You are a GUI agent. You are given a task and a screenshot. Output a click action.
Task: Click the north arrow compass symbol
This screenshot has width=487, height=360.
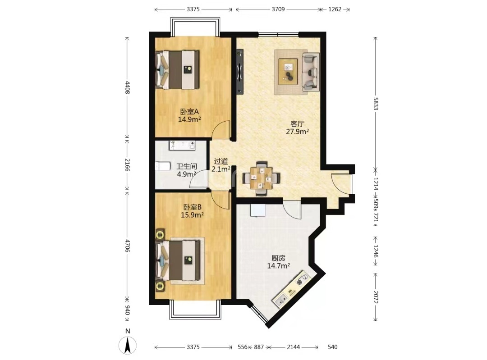pos(128,345)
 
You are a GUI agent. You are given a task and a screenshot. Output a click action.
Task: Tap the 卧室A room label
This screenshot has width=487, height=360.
pos(189,111)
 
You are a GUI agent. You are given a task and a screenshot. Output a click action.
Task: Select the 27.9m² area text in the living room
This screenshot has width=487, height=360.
pos(297,132)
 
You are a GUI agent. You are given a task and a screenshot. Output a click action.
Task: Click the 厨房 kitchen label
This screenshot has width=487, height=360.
pos(278,258)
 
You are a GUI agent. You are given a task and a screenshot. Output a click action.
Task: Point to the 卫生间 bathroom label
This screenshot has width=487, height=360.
pos(187,167)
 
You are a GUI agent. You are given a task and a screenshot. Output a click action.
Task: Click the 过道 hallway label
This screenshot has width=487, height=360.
pos(221,161)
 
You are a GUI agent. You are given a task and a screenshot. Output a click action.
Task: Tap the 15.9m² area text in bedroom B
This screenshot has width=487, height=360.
pos(192,215)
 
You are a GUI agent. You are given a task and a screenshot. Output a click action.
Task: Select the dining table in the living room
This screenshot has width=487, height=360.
pos(261,178)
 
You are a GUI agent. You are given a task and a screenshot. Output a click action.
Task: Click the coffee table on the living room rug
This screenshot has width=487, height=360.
pos(288,71)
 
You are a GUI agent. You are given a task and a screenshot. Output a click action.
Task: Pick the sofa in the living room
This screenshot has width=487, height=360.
pos(311,72)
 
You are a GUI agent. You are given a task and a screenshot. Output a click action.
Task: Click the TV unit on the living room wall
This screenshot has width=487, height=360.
pos(240,71)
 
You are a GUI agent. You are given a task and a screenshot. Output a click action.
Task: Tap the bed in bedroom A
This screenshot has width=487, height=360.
pos(177,70)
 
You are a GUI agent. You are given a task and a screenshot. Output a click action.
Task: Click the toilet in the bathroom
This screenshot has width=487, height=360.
pos(162,166)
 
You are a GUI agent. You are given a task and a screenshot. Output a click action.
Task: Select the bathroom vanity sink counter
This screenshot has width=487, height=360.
pos(182,146)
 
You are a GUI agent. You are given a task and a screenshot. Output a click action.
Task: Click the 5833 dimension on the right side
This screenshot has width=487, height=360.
pos(376,103)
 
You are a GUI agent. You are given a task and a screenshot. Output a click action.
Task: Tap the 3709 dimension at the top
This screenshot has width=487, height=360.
pos(278,9)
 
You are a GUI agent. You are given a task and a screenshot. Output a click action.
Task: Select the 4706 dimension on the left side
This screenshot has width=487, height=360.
pos(127,245)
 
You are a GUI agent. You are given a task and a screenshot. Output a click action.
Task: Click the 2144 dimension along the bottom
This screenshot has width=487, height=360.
pos(293,347)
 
